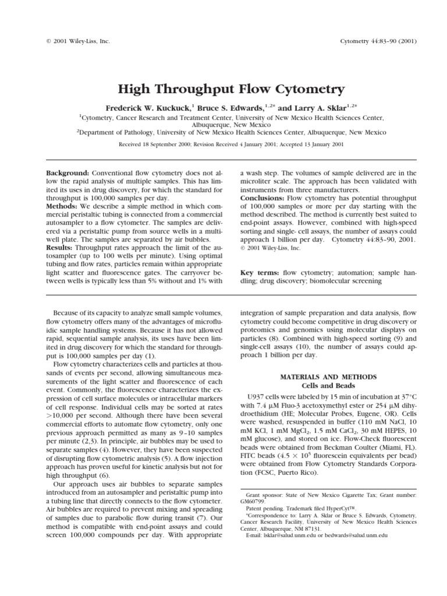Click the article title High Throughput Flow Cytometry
click(x=223, y=89)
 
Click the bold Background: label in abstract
click(x=68, y=173)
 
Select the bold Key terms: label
click(x=259, y=272)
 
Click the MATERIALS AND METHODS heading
click(x=329, y=377)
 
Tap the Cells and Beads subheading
click(x=329, y=385)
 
